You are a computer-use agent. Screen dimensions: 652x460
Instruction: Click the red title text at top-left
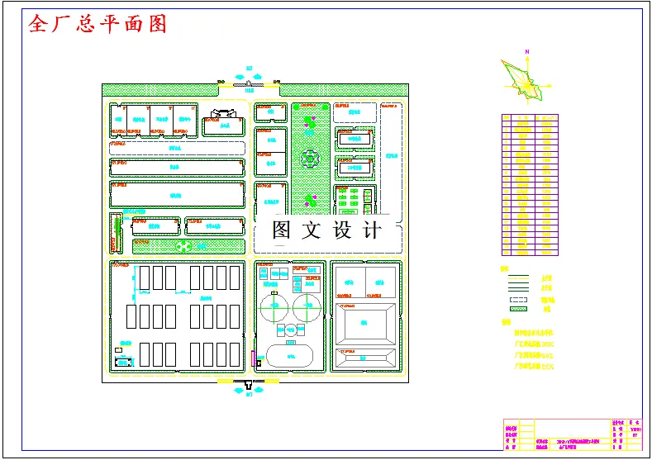[x=98, y=24]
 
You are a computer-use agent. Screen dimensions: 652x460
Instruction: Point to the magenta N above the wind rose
[x=526, y=51]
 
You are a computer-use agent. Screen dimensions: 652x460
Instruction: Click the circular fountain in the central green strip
[x=310, y=157]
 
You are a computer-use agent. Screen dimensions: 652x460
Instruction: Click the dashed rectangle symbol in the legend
[x=518, y=299]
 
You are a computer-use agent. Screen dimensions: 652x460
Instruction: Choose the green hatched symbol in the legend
[x=518, y=309]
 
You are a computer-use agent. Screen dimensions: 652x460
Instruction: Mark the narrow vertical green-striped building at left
[x=115, y=234]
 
